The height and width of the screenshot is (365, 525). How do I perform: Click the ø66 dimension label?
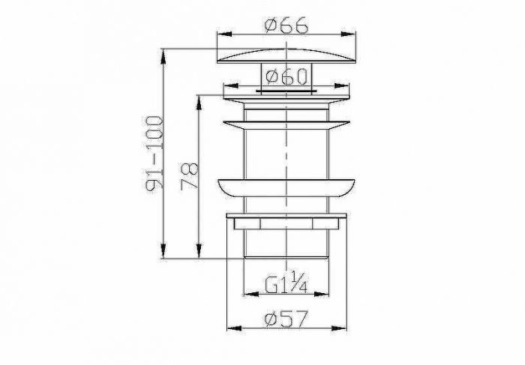tap(286, 25)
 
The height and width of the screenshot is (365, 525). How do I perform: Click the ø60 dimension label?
tap(286, 76)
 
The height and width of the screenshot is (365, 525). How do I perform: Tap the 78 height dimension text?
tap(190, 176)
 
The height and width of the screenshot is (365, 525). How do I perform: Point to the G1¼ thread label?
tap(286, 283)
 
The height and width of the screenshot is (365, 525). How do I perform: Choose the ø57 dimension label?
tap(286, 319)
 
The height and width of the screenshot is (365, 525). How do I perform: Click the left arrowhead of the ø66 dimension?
tap(225, 34)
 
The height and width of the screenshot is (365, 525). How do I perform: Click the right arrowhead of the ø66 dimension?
tap(348, 34)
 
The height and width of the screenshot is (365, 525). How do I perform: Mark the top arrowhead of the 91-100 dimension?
tap(163, 56)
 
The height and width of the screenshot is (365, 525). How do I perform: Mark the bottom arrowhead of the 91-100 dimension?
tap(163, 251)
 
